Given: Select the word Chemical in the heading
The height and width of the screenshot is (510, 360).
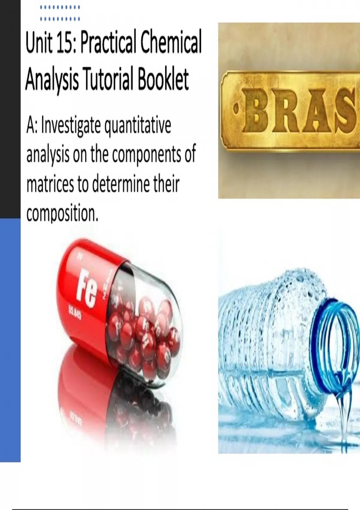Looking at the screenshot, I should [x=171, y=43].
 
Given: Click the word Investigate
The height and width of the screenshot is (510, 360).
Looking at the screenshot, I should [x=71, y=125].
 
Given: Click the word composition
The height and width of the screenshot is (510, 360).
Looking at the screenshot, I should [x=62, y=214].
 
